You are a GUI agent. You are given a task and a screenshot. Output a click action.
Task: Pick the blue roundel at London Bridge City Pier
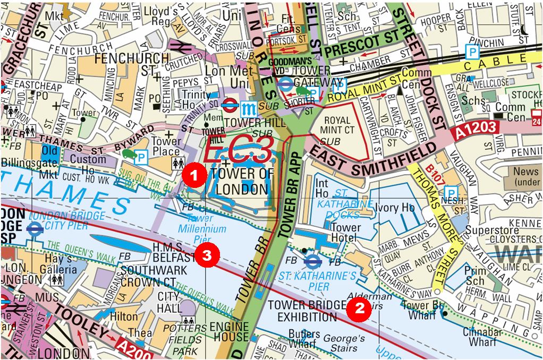pos(35,229)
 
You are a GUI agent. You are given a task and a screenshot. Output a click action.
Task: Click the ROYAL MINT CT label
pos(337,125)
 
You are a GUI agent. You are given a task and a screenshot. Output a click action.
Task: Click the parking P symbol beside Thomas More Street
pos(451,192)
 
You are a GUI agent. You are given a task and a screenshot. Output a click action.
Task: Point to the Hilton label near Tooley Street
pos(123,316)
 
